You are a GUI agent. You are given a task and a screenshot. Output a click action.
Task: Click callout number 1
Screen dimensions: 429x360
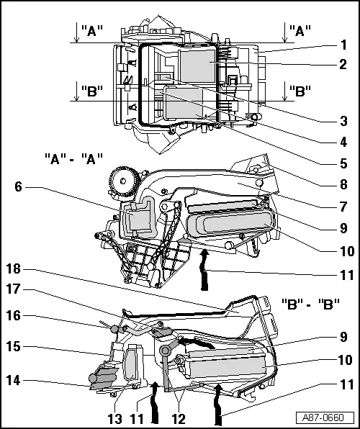[x=344, y=44]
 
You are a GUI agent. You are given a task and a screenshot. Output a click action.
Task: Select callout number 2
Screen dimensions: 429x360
[x=344, y=63]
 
